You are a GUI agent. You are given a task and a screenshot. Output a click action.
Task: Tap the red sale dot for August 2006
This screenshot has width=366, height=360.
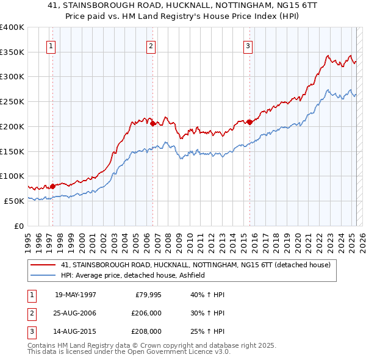click(152, 123)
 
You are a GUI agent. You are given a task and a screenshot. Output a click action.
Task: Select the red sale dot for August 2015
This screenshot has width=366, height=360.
click(249, 122)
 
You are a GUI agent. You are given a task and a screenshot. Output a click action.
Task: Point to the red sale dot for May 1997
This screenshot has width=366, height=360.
click(52, 186)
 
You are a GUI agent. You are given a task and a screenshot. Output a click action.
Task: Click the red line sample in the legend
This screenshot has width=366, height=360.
click(44, 265)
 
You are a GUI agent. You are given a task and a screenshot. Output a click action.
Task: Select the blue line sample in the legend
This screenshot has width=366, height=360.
click(44, 276)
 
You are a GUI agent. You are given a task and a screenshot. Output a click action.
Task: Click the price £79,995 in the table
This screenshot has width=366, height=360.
click(148, 294)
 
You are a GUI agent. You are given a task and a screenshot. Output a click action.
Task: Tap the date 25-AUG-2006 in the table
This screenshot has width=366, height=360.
click(76, 313)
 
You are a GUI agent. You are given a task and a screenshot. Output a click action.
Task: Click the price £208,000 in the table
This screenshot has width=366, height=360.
click(146, 331)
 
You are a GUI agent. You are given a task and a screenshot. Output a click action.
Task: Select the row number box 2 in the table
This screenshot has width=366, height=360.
click(30, 313)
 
